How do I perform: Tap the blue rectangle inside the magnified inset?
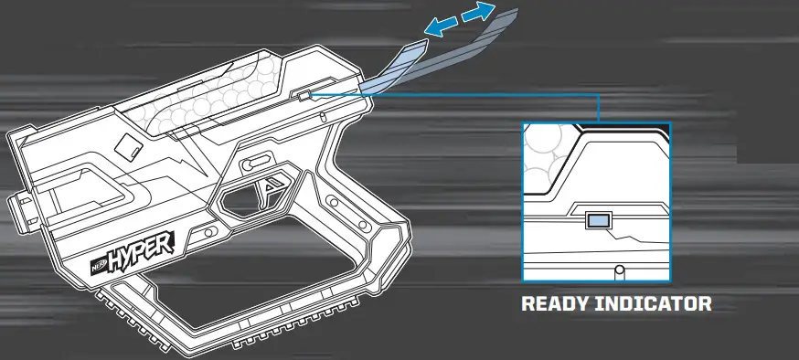tap(599, 220)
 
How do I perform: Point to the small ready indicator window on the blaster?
tap(301, 94)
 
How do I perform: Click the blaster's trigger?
tap(271, 191)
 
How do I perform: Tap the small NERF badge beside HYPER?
tap(99, 267)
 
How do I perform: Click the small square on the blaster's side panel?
tap(130, 145)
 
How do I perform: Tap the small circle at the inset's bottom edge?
tap(621, 271)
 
